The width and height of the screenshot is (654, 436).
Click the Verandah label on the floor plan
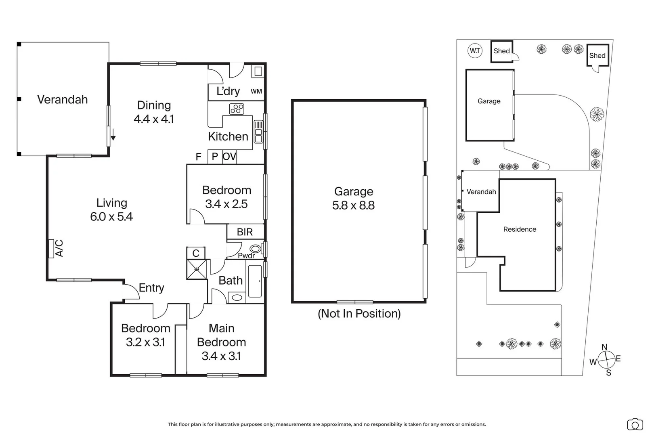[62, 100]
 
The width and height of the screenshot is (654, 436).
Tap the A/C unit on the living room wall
[51, 249]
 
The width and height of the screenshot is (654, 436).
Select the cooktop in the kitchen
[237, 109]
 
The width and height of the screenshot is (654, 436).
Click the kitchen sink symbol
[258, 132]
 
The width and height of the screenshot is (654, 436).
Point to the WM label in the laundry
[256, 91]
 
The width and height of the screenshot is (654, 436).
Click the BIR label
[245, 232]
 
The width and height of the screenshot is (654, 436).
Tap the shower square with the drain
[197, 269]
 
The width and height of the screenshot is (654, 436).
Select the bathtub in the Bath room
[255, 281]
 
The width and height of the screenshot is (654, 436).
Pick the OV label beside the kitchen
[229, 157]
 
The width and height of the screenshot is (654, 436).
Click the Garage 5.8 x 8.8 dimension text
[353, 205]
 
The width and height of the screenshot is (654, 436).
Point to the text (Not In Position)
[359, 314]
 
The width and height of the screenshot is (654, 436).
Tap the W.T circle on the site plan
[475, 51]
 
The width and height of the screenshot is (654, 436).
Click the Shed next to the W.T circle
[501, 51]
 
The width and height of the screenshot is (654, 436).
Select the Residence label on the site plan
[520, 229]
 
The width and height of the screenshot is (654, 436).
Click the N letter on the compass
[604, 347]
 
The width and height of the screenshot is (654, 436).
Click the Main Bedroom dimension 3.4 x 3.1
[221, 356]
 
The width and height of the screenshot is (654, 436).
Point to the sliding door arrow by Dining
[113, 134]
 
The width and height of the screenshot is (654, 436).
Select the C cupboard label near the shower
[196, 253]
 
